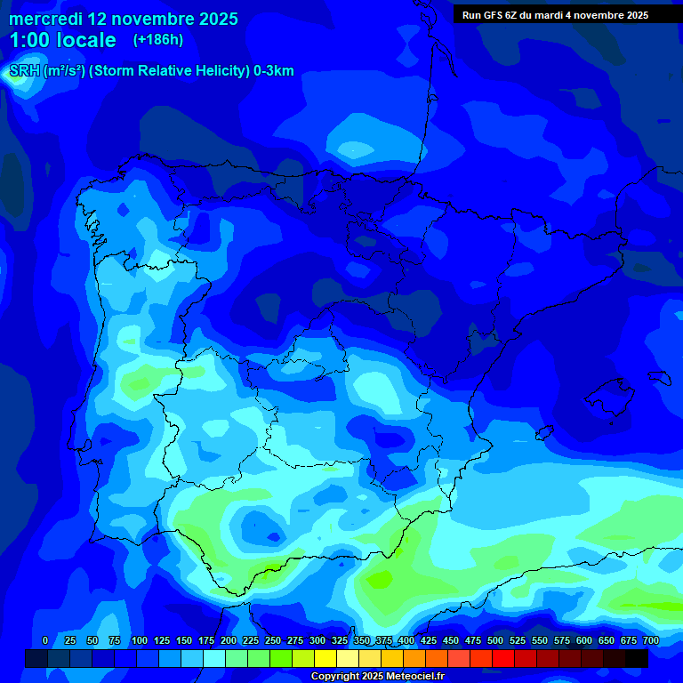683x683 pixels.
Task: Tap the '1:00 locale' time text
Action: click(x=62, y=40)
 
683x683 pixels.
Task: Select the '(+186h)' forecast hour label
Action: click(x=158, y=40)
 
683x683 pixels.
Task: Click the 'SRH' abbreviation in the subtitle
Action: click(x=24, y=71)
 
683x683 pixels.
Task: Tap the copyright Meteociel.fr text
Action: click(x=377, y=677)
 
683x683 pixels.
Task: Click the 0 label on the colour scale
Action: click(x=45, y=640)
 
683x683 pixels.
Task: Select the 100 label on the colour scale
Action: click(x=140, y=640)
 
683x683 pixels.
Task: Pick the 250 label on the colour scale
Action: click(x=273, y=640)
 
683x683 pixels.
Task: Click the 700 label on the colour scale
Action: click(x=651, y=640)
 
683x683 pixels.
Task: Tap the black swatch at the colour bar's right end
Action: click(x=637, y=658)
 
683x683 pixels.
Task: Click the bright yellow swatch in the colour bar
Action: click(x=325, y=658)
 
